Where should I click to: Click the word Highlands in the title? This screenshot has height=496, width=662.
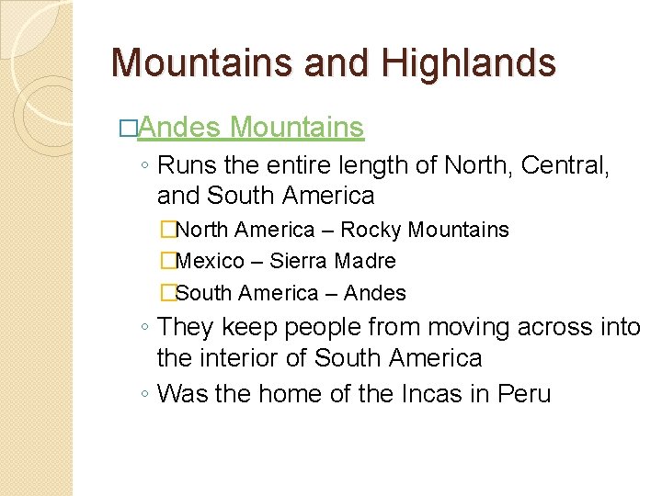tap(469, 63)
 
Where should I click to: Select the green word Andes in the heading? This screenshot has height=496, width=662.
tap(180, 127)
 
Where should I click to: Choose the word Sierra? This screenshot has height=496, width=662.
tap(300, 261)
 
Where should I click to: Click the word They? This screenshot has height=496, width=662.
tap(186, 327)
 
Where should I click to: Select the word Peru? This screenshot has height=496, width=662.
tap(524, 394)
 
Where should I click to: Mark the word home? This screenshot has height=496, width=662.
tap(291, 394)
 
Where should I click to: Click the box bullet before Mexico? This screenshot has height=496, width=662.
tap(166, 262)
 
